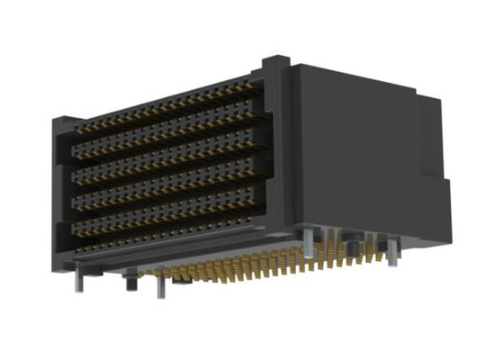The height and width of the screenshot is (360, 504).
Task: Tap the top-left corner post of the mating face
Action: [65, 121]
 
